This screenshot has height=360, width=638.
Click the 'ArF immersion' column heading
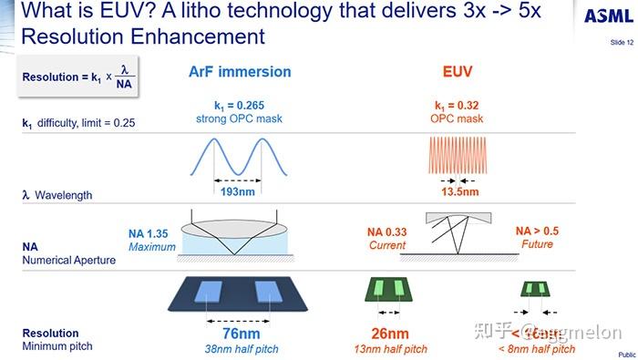[x=239, y=71]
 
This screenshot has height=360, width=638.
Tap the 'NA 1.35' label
[x=150, y=233]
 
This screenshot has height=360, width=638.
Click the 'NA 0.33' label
[x=387, y=232]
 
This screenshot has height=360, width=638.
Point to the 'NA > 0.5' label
[x=537, y=231]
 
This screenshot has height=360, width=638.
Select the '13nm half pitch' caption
[x=390, y=349]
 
